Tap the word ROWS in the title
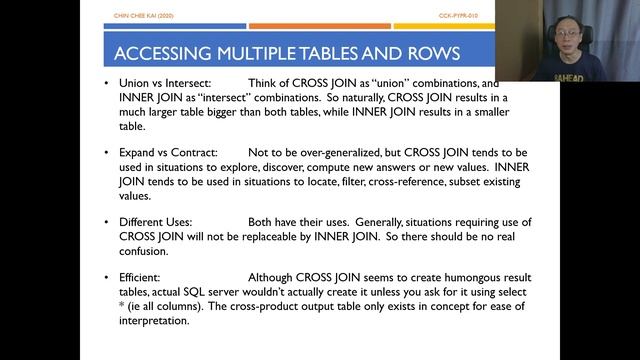431,52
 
